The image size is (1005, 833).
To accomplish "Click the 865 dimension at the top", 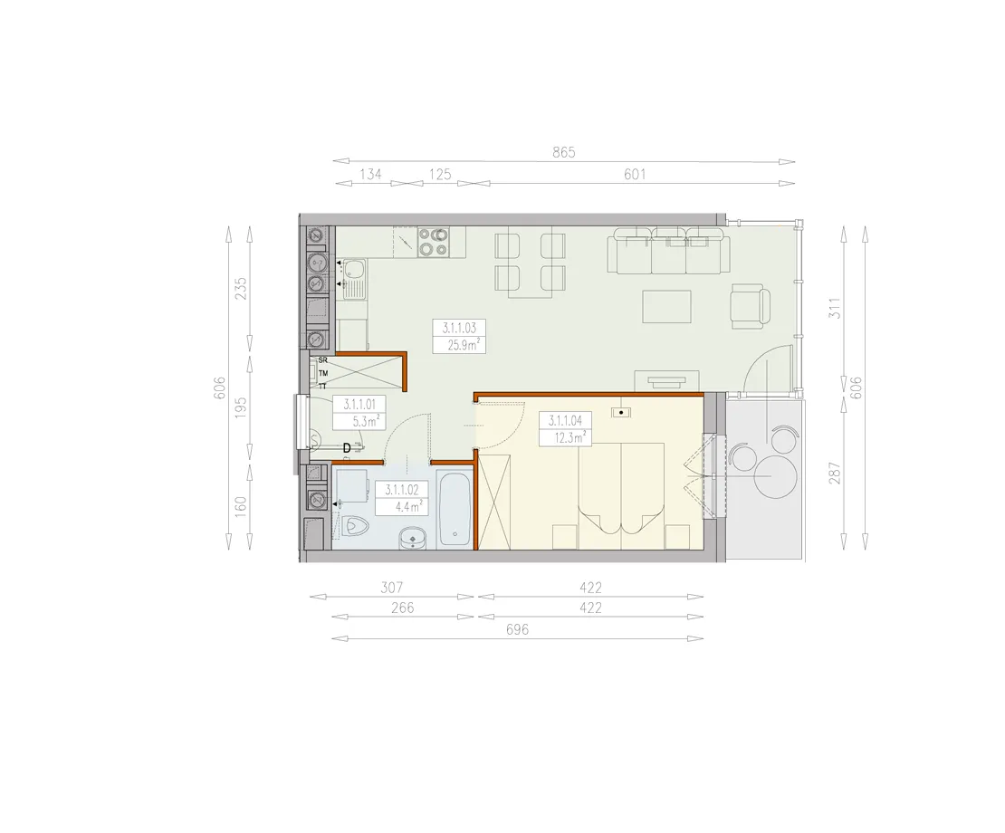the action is tap(564, 152).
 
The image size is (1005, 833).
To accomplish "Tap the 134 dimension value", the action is tap(370, 174).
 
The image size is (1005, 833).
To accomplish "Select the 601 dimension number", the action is tap(635, 174).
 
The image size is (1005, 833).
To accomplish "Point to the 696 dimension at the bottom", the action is tap(517, 630).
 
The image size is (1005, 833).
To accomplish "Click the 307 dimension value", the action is tap(391, 588).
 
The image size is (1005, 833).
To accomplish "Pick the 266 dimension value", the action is tap(403, 608).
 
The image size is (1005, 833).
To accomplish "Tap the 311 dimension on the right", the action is tap(834, 308).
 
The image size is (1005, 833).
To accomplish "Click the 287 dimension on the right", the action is tap(834, 473).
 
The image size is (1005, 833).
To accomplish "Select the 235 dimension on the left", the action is tap(240, 288).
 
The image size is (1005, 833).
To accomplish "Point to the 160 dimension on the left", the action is tap(240, 508).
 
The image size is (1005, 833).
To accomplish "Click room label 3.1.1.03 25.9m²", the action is tap(460, 337).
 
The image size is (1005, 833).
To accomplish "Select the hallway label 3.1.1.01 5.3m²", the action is tap(359, 413).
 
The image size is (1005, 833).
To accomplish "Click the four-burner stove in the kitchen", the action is tap(434, 243).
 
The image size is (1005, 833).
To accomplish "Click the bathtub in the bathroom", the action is tap(455, 509).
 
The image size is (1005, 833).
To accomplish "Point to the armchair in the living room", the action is tap(751, 305).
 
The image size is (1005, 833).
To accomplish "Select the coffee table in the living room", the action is tap(667, 306).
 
